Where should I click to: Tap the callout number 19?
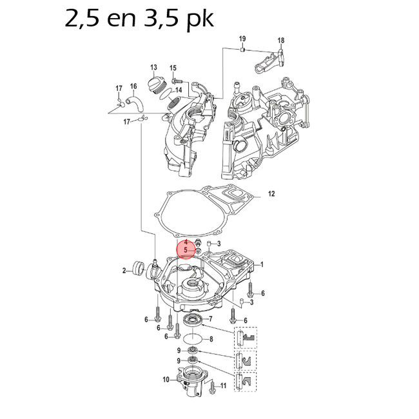[x=242, y=39]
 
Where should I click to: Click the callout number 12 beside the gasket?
[x=271, y=193]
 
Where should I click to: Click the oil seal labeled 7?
[x=193, y=320]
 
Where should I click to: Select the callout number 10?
[x=166, y=380]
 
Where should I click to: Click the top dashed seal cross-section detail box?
[x=245, y=337]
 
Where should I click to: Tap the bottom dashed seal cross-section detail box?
[x=245, y=381]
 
